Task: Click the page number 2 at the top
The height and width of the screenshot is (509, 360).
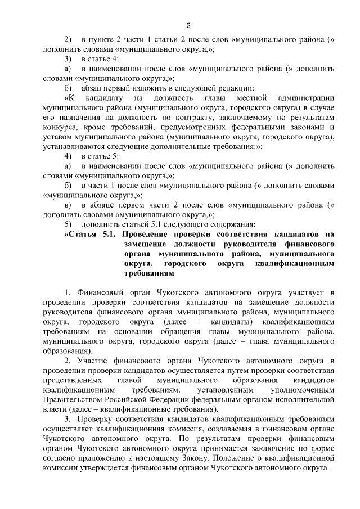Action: tap(189, 25)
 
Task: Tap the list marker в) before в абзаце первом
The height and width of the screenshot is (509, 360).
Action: tap(67, 205)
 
